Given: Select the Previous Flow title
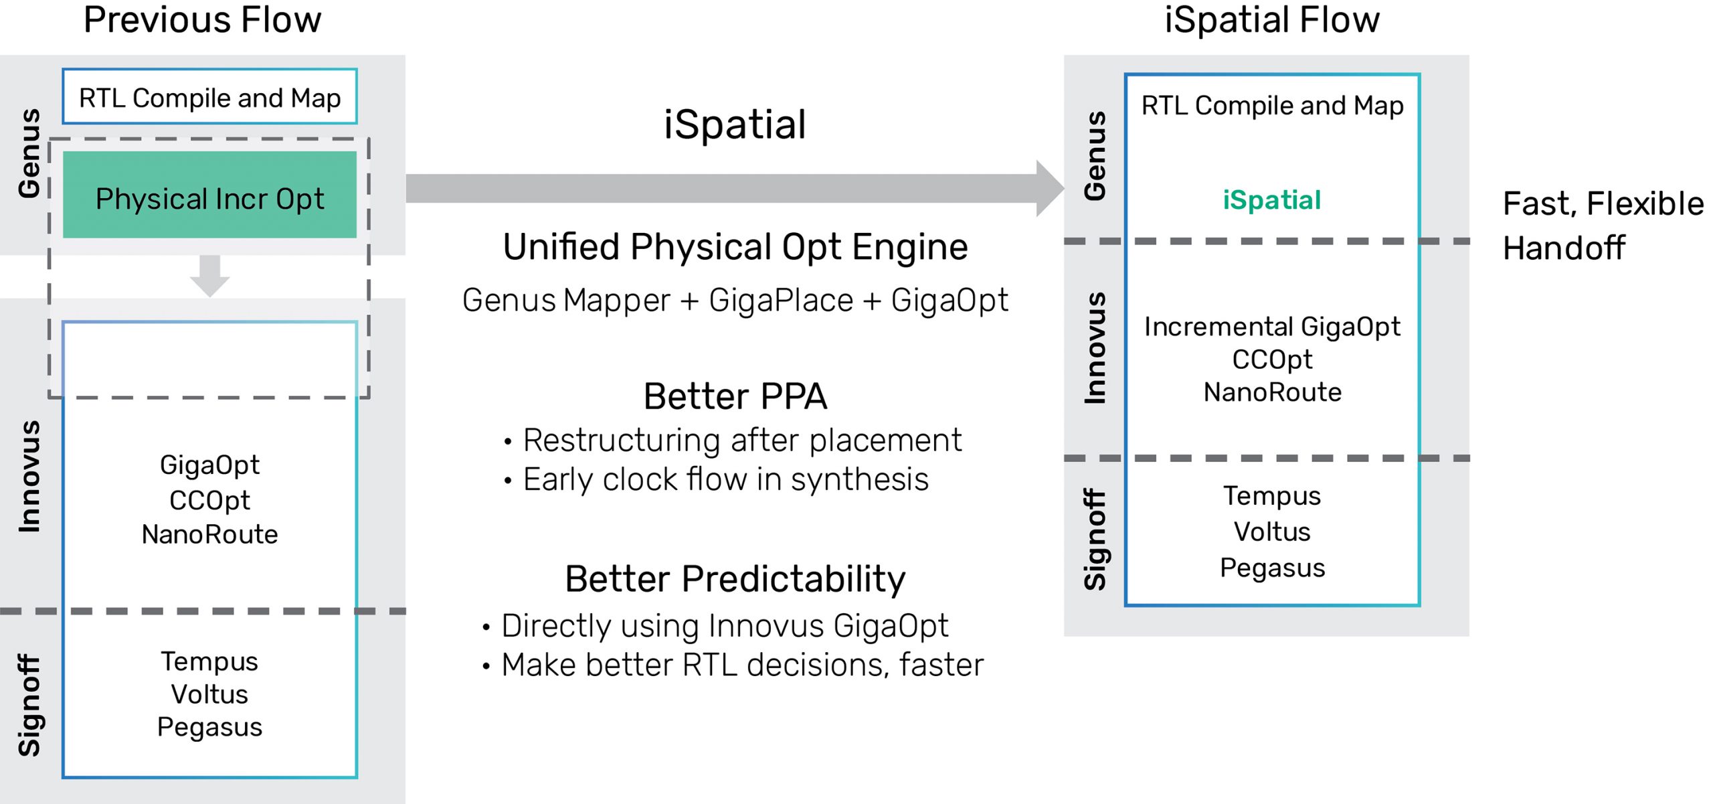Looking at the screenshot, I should click(x=202, y=20).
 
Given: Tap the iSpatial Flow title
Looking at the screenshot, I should click(x=1271, y=20).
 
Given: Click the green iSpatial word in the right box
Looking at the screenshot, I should click(x=1271, y=200).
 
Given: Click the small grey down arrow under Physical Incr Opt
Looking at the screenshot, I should click(x=209, y=275).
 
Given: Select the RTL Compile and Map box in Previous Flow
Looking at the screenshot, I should click(x=209, y=97).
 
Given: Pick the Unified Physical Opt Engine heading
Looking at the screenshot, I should click(x=735, y=247).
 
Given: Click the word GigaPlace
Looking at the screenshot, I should click(x=780, y=301).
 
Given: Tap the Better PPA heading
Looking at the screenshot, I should click(x=735, y=396).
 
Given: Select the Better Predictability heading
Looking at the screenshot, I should click(x=735, y=579).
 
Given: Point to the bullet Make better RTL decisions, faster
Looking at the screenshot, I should click(x=741, y=665).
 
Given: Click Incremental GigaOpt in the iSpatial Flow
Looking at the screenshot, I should click(x=1271, y=327).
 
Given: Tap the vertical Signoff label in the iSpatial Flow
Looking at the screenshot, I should click(x=1095, y=539).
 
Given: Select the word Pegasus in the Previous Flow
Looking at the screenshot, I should click(x=209, y=728).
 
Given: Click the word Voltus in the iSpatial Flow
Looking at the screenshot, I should click(x=1271, y=532).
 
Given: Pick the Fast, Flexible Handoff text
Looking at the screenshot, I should click(x=1602, y=226).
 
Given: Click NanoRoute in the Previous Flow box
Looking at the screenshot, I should click(x=209, y=535).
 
